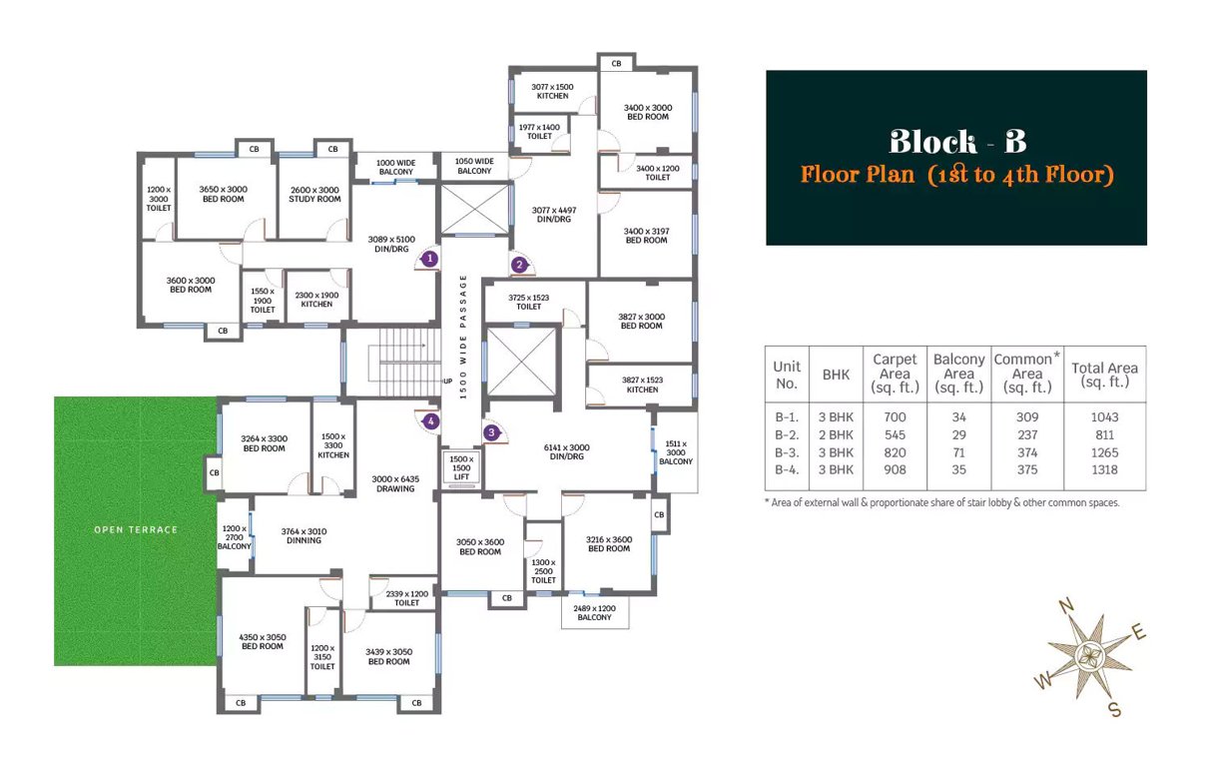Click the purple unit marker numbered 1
(429, 258)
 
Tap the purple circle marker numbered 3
(491, 432)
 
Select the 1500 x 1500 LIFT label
(460, 467)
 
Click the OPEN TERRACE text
(136, 529)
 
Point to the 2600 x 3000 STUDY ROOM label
(314, 194)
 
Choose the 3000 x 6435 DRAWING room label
(395, 483)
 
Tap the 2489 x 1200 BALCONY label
(594, 612)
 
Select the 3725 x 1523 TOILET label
(529, 302)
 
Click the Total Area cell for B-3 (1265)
(1104, 452)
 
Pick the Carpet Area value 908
(895, 469)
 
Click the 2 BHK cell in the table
(836, 434)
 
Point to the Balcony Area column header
(958, 373)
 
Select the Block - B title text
(955, 140)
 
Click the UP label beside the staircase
(447, 382)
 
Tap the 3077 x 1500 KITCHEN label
(552, 91)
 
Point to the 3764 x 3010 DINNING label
(303, 535)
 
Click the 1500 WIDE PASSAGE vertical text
(462, 337)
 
